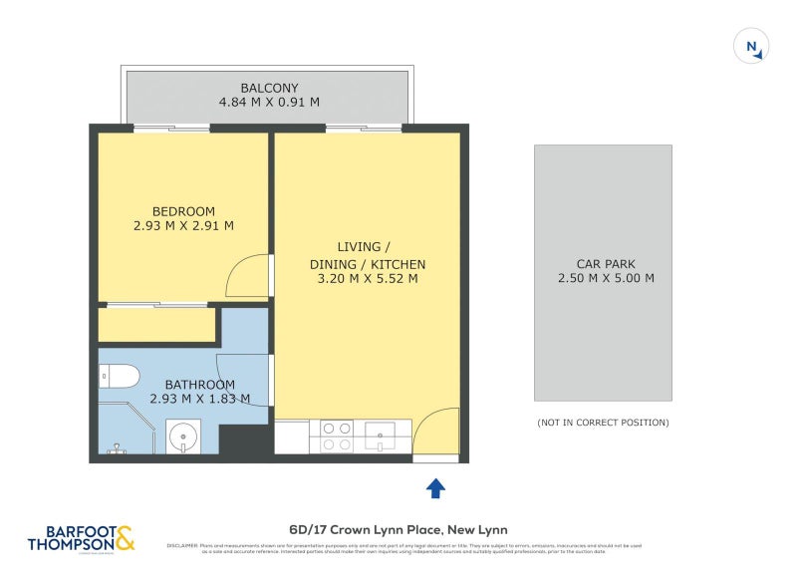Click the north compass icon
[748, 47]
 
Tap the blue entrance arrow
[435, 488]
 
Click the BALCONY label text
[269, 88]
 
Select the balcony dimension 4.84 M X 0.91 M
[269, 103]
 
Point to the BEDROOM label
[183, 211]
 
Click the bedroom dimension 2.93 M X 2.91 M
[183, 226]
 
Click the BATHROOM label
[199, 385]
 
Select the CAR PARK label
[606, 264]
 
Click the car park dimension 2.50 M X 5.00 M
[606, 279]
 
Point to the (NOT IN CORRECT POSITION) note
[603, 423]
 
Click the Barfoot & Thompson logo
[83, 540]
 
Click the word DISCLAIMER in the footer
[181, 545]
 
